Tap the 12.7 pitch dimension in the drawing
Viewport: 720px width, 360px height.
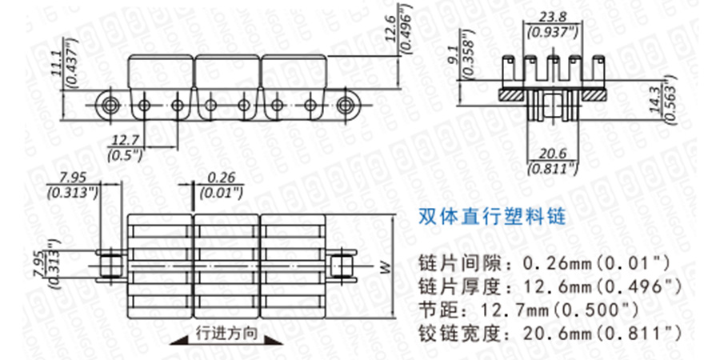point(125,141)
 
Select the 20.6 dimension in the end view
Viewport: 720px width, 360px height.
point(552,154)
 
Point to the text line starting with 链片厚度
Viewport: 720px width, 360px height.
point(550,285)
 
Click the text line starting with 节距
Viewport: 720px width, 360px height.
point(529,308)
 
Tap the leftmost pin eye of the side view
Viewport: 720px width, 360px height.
point(110,104)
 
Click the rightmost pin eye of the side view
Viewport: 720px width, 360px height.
point(346,104)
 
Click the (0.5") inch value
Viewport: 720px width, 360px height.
point(125,154)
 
